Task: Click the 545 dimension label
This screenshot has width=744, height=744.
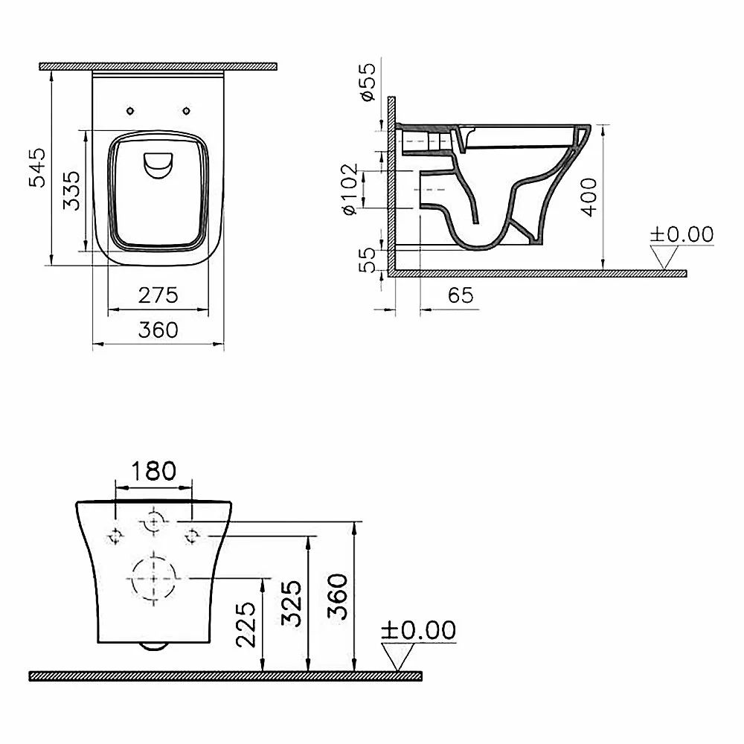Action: (37, 167)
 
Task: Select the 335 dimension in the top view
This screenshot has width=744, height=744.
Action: (71, 190)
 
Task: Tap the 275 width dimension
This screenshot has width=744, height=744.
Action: (158, 295)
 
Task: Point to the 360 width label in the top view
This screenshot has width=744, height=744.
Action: (158, 330)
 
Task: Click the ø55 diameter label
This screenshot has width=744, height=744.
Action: (368, 82)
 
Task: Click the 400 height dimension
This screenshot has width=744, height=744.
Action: (589, 197)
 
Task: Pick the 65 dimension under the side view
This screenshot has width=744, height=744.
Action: (461, 295)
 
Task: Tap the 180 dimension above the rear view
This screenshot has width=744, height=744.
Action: (153, 471)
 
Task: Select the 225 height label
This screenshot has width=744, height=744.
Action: (246, 624)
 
